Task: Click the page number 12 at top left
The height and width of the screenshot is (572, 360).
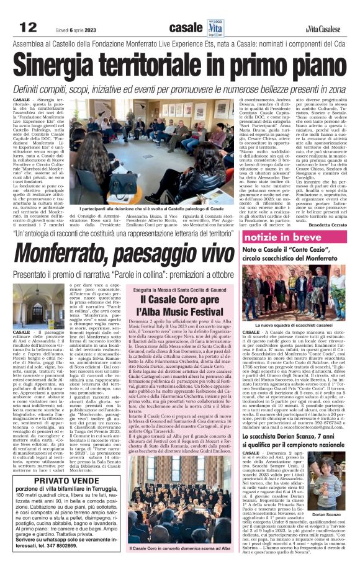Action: [29, 27]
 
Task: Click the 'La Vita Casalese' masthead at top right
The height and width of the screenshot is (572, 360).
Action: [326, 29]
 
